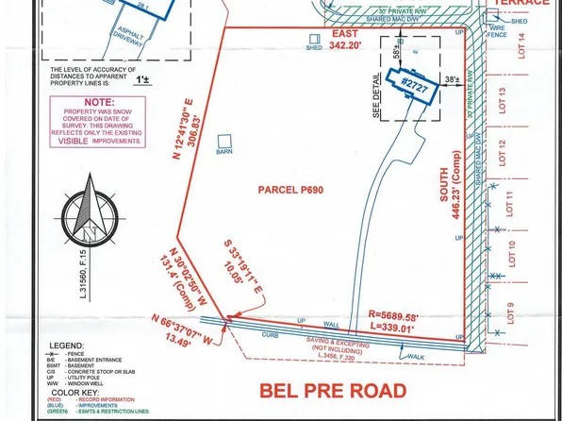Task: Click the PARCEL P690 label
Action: click(290, 190)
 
